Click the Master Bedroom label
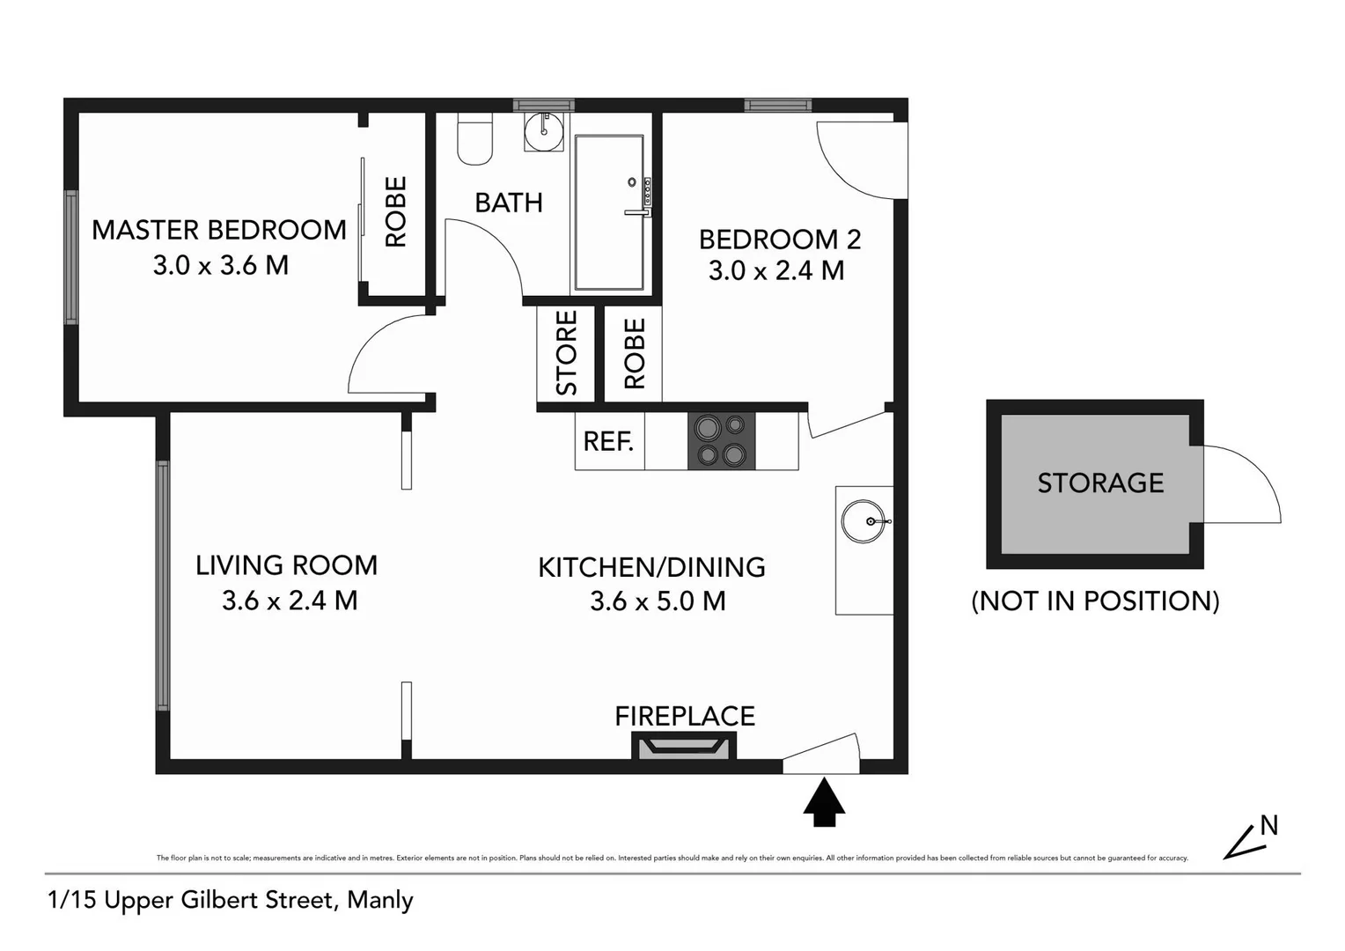(x=218, y=230)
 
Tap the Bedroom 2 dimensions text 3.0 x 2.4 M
(x=775, y=270)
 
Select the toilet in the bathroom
(x=474, y=141)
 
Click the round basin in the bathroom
(x=543, y=133)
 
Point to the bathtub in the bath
(x=608, y=212)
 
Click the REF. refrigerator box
(x=608, y=441)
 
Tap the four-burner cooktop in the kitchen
(x=721, y=441)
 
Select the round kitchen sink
(x=864, y=521)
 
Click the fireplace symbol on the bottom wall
(x=684, y=748)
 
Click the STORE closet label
(x=566, y=353)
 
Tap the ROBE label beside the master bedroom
(x=396, y=212)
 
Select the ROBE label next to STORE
(x=635, y=353)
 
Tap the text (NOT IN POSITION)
(x=1095, y=601)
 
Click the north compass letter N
(x=1268, y=825)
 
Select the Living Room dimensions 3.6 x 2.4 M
(x=290, y=601)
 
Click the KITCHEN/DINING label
(x=651, y=567)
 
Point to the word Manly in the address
(x=379, y=900)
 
